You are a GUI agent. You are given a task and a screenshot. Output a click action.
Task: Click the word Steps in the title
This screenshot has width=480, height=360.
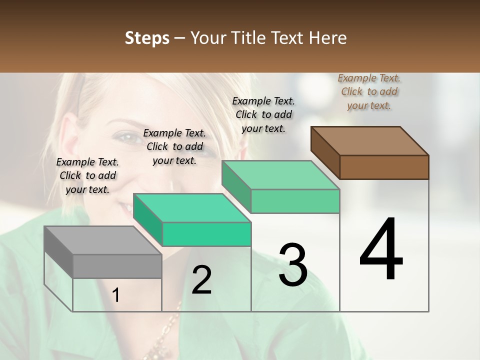[x=147, y=38]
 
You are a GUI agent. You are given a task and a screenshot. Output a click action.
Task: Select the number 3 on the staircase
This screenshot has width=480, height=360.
[x=293, y=265]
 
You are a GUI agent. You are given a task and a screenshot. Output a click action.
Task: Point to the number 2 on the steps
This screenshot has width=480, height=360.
[x=201, y=280]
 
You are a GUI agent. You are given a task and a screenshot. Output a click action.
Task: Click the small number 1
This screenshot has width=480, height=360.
[x=116, y=295]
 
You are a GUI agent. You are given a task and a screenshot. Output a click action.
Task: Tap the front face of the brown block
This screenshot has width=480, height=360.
[x=384, y=167]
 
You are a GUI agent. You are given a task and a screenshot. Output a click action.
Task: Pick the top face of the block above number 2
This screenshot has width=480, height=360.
[x=192, y=208]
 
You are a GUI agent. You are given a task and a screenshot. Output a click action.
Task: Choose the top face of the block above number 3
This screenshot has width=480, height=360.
[x=280, y=175]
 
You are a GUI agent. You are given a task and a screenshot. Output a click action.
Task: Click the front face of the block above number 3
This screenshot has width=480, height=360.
[x=295, y=201]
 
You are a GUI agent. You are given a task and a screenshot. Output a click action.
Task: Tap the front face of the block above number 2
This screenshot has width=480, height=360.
[x=206, y=234]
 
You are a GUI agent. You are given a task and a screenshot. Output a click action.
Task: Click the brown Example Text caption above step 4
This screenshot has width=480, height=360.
[x=369, y=91]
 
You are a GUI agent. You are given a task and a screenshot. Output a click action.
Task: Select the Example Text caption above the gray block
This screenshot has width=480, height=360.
[x=87, y=175]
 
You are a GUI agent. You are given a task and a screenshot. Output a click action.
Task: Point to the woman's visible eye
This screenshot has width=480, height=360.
[x=127, y=138]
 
